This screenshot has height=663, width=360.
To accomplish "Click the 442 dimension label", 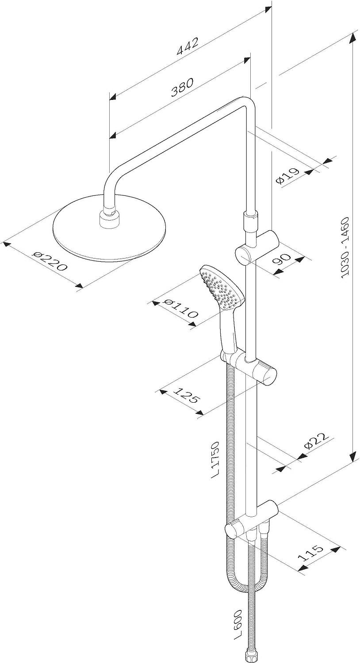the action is [187, 46].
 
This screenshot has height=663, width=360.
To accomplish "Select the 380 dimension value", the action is [182, 88].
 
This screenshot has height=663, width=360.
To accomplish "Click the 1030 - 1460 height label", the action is [345, 248].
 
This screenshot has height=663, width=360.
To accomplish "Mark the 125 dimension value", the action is [186, 395].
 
